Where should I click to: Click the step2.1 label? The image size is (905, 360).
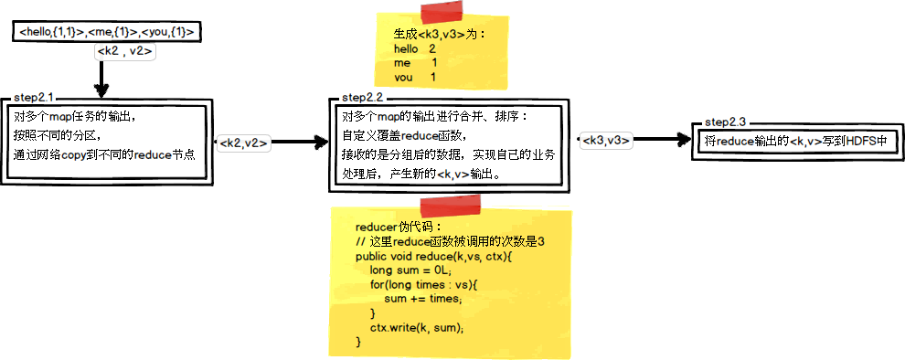point(34,98)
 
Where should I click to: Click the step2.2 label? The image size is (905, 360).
point(361,97)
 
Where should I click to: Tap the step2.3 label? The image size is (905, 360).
point(726,122)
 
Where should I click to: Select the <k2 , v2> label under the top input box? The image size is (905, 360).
point(124,52)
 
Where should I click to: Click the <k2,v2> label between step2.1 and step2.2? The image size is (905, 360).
point(242,143)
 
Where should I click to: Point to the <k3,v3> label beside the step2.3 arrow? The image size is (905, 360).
point(606,140)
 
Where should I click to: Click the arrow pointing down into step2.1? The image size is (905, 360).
point(101,80)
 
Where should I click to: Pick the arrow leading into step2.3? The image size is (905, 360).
point(664,140)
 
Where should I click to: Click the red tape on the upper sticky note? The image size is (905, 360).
point(442,12)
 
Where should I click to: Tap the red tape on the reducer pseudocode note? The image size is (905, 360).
point(442,205)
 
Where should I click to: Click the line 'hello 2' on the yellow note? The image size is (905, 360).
point(414,48)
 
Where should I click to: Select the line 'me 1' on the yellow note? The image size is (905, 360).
point(415,63)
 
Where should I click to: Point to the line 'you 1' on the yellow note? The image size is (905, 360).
point(414,78)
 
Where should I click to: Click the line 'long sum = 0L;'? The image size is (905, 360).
point(411,270)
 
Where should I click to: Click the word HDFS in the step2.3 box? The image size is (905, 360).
point(860,142)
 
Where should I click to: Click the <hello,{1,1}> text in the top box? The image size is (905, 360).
point(52,33)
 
